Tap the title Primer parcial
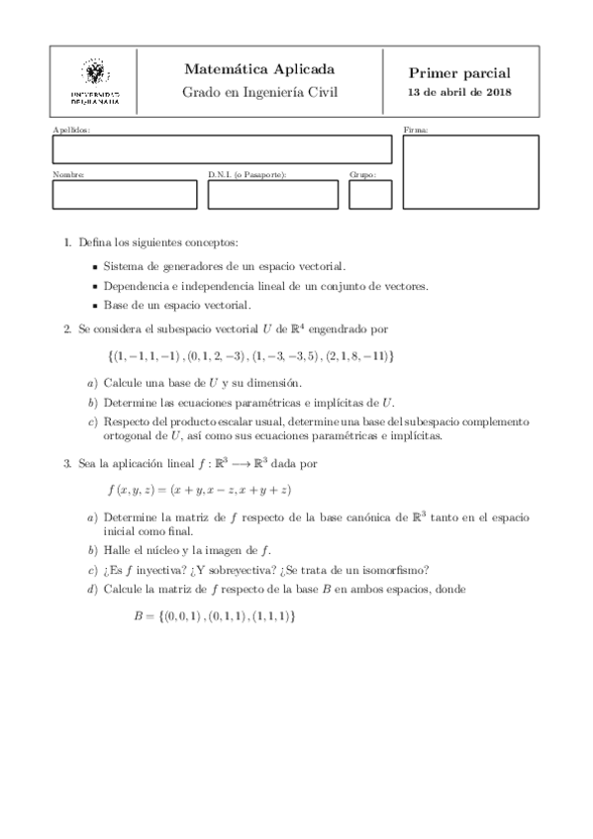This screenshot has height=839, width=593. [459, 73]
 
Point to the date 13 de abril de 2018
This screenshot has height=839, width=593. [459, 94]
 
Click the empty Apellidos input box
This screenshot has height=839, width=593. [222, 149]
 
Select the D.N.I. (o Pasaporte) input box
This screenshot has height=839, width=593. [272, 194]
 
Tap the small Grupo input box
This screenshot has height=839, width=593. [370, 194]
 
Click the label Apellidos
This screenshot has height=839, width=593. [70, 131]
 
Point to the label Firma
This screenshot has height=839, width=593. [416, 131]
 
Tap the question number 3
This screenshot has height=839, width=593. [65, 462]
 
